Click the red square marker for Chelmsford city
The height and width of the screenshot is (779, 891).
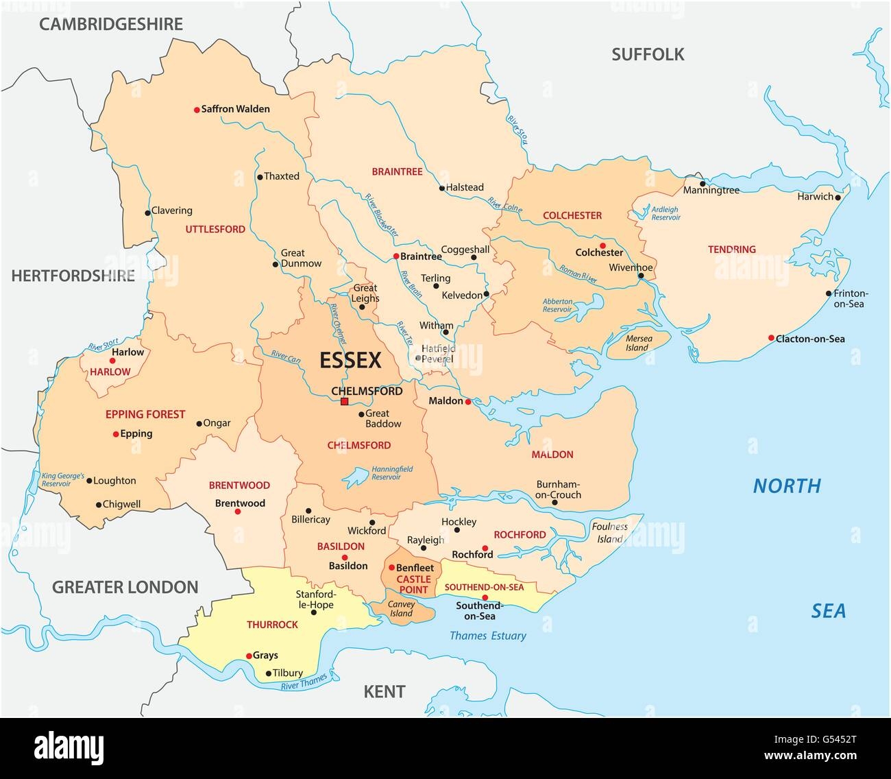pos(345,402)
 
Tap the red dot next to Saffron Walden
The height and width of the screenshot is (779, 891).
pos(196,109)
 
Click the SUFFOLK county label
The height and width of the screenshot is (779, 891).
pos(648,55)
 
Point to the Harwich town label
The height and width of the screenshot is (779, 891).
pos(814,197)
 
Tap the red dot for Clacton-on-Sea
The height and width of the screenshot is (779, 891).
pos(771,338)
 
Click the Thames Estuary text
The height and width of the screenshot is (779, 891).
pos(488,636)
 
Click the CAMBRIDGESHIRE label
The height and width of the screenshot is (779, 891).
pos(111,25)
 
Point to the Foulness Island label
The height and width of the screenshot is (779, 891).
pos(609,533)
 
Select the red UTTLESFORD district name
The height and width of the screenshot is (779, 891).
pos(215,230)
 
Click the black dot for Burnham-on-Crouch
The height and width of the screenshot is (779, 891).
pos(555,503)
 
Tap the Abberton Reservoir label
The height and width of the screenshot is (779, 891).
pos(557,305)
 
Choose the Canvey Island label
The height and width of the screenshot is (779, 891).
pos(402,609)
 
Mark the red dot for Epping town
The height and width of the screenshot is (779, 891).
pos(115,434)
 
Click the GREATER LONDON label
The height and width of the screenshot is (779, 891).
pos(125,587)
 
